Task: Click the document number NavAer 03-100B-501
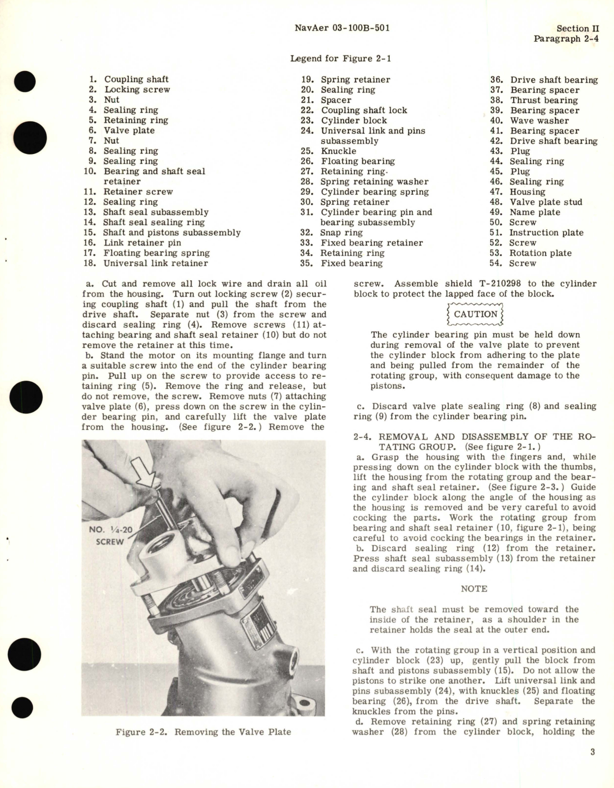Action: coord(342,28)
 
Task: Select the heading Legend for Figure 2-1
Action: coord(341,59)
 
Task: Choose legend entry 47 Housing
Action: coord(527,192)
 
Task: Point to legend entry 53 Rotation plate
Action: coord(540,253)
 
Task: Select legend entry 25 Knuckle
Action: coord(338,151)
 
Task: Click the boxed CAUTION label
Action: coord(475,314)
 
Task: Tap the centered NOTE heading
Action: coord(474,589)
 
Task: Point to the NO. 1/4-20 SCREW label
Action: coord(109,536)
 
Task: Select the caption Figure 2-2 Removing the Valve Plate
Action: coord(203,732)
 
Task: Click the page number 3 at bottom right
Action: coord(592,752)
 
